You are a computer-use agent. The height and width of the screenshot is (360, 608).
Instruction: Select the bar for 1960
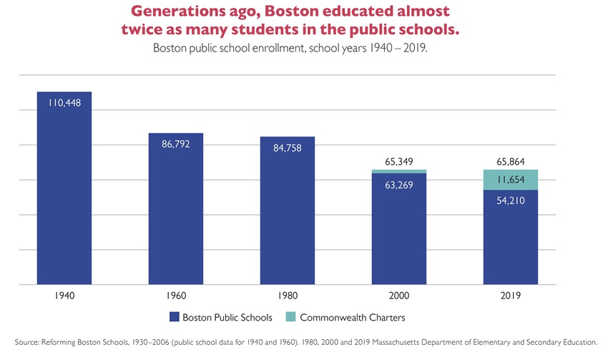click(x=175, y=215)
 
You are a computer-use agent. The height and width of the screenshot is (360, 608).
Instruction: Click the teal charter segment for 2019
click(x=510, y=180)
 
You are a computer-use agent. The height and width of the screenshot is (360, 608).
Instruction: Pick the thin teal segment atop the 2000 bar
click(x=398, y=171)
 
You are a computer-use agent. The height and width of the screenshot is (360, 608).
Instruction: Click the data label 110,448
click(x=64, y=103)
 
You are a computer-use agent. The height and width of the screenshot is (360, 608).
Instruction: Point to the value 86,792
click(x=175, y=145)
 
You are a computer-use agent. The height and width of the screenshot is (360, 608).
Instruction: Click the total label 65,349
click(x=398, y=162)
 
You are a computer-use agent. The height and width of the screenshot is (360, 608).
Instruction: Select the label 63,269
click(x=398, y=185)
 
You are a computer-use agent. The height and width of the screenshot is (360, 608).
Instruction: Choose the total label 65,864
click(x=510, y=162)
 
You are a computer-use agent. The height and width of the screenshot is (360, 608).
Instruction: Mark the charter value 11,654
click(x=510, y=180)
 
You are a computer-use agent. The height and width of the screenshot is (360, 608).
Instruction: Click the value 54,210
click(x=510, y=201)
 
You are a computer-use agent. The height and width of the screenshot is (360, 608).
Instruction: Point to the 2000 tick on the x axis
click(x=398, y=295)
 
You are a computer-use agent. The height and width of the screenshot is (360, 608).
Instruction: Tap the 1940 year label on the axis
click(x=64, y=295)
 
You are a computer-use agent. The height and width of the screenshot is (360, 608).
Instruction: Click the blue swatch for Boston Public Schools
click(x=174, y=316)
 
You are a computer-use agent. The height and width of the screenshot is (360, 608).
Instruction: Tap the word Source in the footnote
click(x=26, y=342)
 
